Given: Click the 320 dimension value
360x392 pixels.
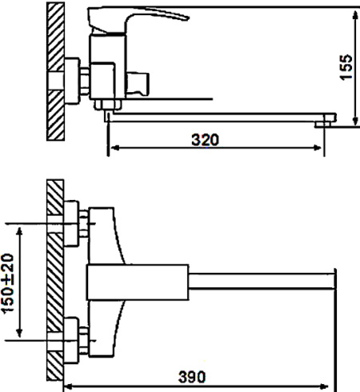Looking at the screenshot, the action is (x=205, y=140).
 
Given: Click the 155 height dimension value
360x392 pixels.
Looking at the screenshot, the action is (x=346, y=67).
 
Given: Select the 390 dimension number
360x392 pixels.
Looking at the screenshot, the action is (x=192, y=377).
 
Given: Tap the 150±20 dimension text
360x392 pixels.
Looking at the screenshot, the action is (x=7, y=283).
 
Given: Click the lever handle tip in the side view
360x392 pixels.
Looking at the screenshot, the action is (x=188, y=18).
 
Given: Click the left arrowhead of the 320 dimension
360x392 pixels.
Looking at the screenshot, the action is (x=114, y=147).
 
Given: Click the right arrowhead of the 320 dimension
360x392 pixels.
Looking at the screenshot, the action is (x=318, y=147).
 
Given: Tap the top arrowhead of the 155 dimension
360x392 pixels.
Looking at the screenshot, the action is (x=355, y=15).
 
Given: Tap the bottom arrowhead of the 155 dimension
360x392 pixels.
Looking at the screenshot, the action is (x=355, y=121).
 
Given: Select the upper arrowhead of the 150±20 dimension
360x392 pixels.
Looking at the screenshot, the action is (x=19, y=231).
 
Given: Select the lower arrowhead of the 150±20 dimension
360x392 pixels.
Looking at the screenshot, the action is (x=19, y=332).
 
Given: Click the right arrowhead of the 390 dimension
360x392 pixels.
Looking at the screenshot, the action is (x=323, y=386).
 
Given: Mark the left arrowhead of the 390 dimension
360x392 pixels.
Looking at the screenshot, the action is (x=70, y=386).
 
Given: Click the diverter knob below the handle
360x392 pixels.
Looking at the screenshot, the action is (x=138, y=83).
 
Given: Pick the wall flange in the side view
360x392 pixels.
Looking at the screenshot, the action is (x=72, y=81).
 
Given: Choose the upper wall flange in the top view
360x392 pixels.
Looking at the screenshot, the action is (x=71, y=223).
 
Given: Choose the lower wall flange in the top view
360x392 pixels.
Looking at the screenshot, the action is (x=71, y=340).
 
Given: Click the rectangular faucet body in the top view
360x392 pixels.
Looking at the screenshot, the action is (x=138, y=282).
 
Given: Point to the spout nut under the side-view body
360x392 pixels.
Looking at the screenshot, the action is (x=108, y=105).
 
